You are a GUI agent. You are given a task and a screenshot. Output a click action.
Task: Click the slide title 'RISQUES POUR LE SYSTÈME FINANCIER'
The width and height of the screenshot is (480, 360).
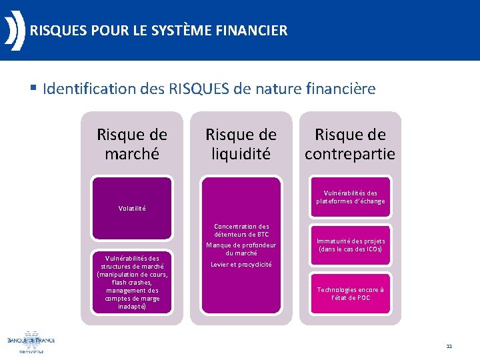pos(159,31)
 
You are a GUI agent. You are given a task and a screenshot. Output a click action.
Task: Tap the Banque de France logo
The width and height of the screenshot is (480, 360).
pos(31,341)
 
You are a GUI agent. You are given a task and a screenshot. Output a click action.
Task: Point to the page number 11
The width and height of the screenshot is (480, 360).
pos(449,346)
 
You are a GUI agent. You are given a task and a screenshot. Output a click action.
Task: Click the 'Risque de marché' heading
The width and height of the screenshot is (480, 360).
pos(132,144)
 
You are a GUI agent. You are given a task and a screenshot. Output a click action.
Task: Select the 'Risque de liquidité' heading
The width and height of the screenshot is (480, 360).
pos(241,144)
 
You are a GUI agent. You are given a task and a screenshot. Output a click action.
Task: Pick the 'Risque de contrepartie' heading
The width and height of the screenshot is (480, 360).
pos(350,144)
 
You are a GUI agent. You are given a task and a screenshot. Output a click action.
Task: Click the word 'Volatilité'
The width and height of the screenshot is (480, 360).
pos(132,208)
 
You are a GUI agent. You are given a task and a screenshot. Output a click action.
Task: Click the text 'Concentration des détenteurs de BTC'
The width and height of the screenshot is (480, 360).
pos(241,230)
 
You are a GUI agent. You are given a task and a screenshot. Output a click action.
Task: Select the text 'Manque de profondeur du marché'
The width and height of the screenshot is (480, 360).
pos(241,249)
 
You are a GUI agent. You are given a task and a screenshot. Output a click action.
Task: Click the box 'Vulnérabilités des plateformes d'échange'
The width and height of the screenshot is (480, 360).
pos(350,197)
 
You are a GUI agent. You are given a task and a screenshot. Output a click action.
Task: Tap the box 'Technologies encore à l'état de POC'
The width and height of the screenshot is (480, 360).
pos(350,293)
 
